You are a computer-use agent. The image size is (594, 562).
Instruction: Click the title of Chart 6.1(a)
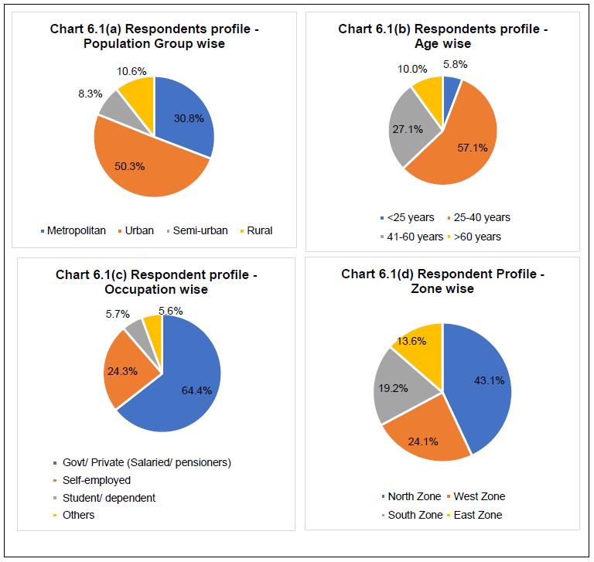tap(155, 36)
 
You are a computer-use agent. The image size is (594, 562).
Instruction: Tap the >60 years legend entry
tap(479, 236)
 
